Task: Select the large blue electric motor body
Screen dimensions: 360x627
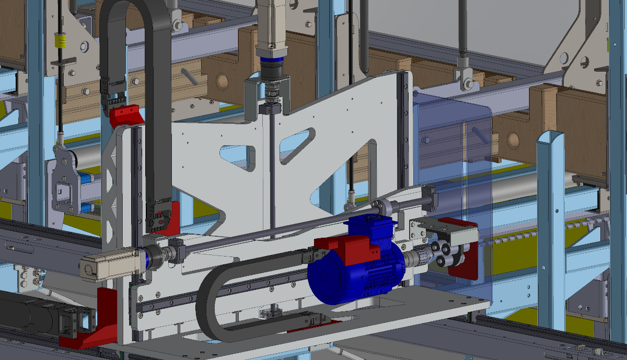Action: click(334, 274)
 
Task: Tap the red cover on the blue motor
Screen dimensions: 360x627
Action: click(347, 248)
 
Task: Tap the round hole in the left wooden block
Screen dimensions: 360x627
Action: click(222, 80)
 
